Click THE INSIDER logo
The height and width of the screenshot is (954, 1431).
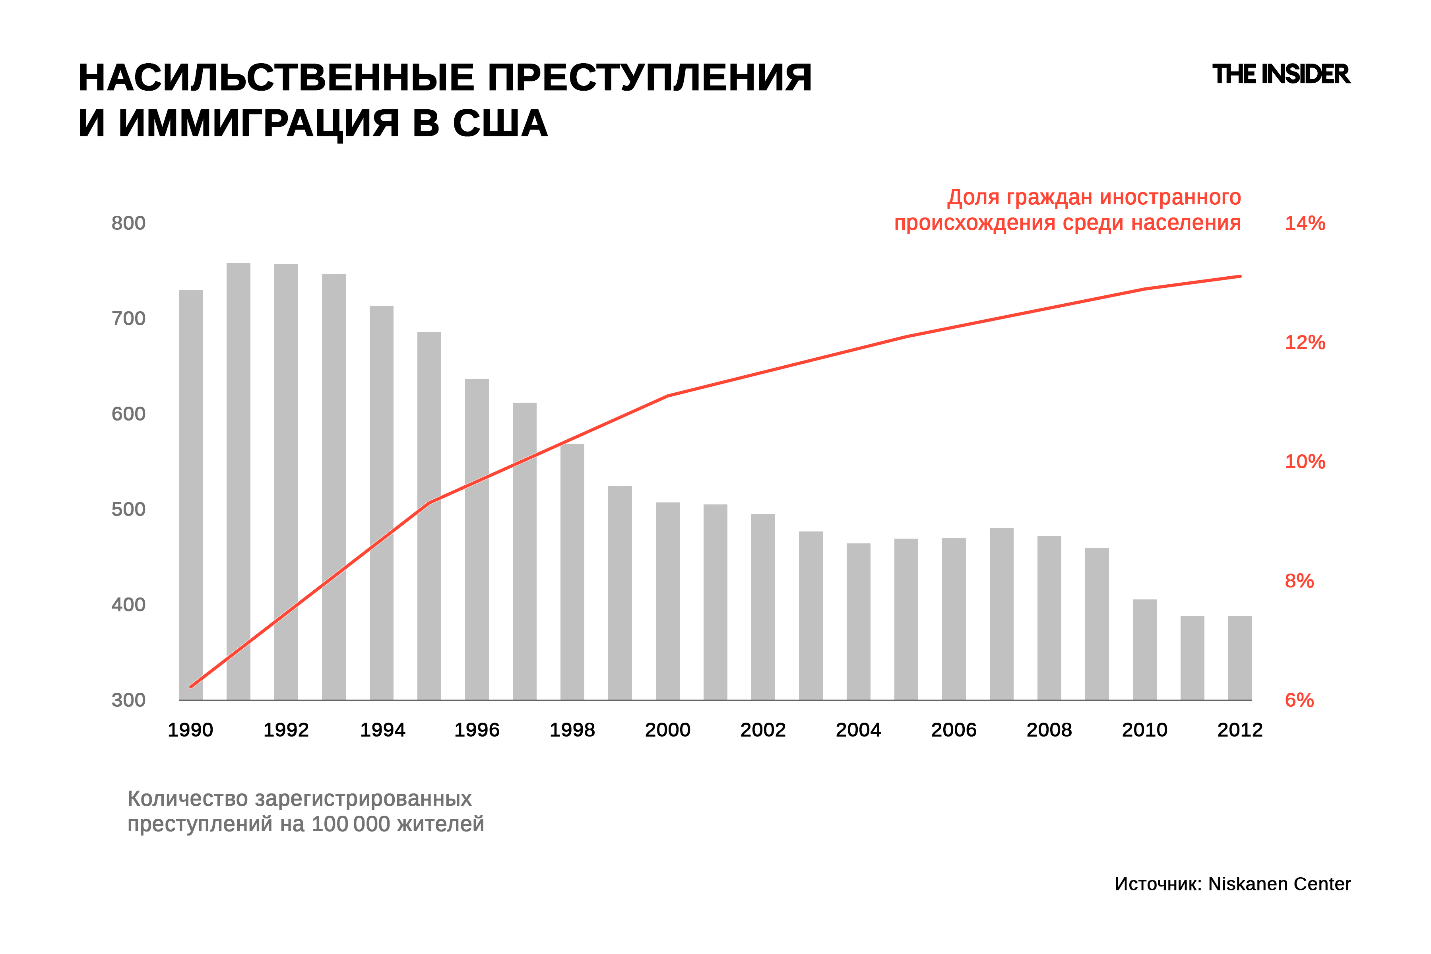click(x=1281, y=74)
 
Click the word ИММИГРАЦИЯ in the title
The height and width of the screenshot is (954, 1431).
click(x=259, y=124)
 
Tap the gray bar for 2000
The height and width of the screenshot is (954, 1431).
click(x=667, y=601)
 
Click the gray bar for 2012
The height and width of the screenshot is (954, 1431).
click(x=1240, y=658)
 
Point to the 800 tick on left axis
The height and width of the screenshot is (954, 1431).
click(x=128, y=223)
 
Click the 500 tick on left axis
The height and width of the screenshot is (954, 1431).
click(x=128, y=509)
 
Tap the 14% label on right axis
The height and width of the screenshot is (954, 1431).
click(x=1305, y=223)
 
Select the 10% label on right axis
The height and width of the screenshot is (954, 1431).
click(x=1305, y=462)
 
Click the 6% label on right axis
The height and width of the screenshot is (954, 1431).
click(x=1299, y=700)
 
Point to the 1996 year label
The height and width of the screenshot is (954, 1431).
click(x=477, y=730)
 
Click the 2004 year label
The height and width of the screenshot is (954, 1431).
click(x=859, y=730)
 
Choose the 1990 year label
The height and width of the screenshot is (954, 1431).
click(x=190, y=730)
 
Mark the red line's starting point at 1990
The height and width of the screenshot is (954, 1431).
click(x=191, y=687)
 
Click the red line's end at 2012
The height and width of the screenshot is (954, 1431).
click(x=1240, y=276)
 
